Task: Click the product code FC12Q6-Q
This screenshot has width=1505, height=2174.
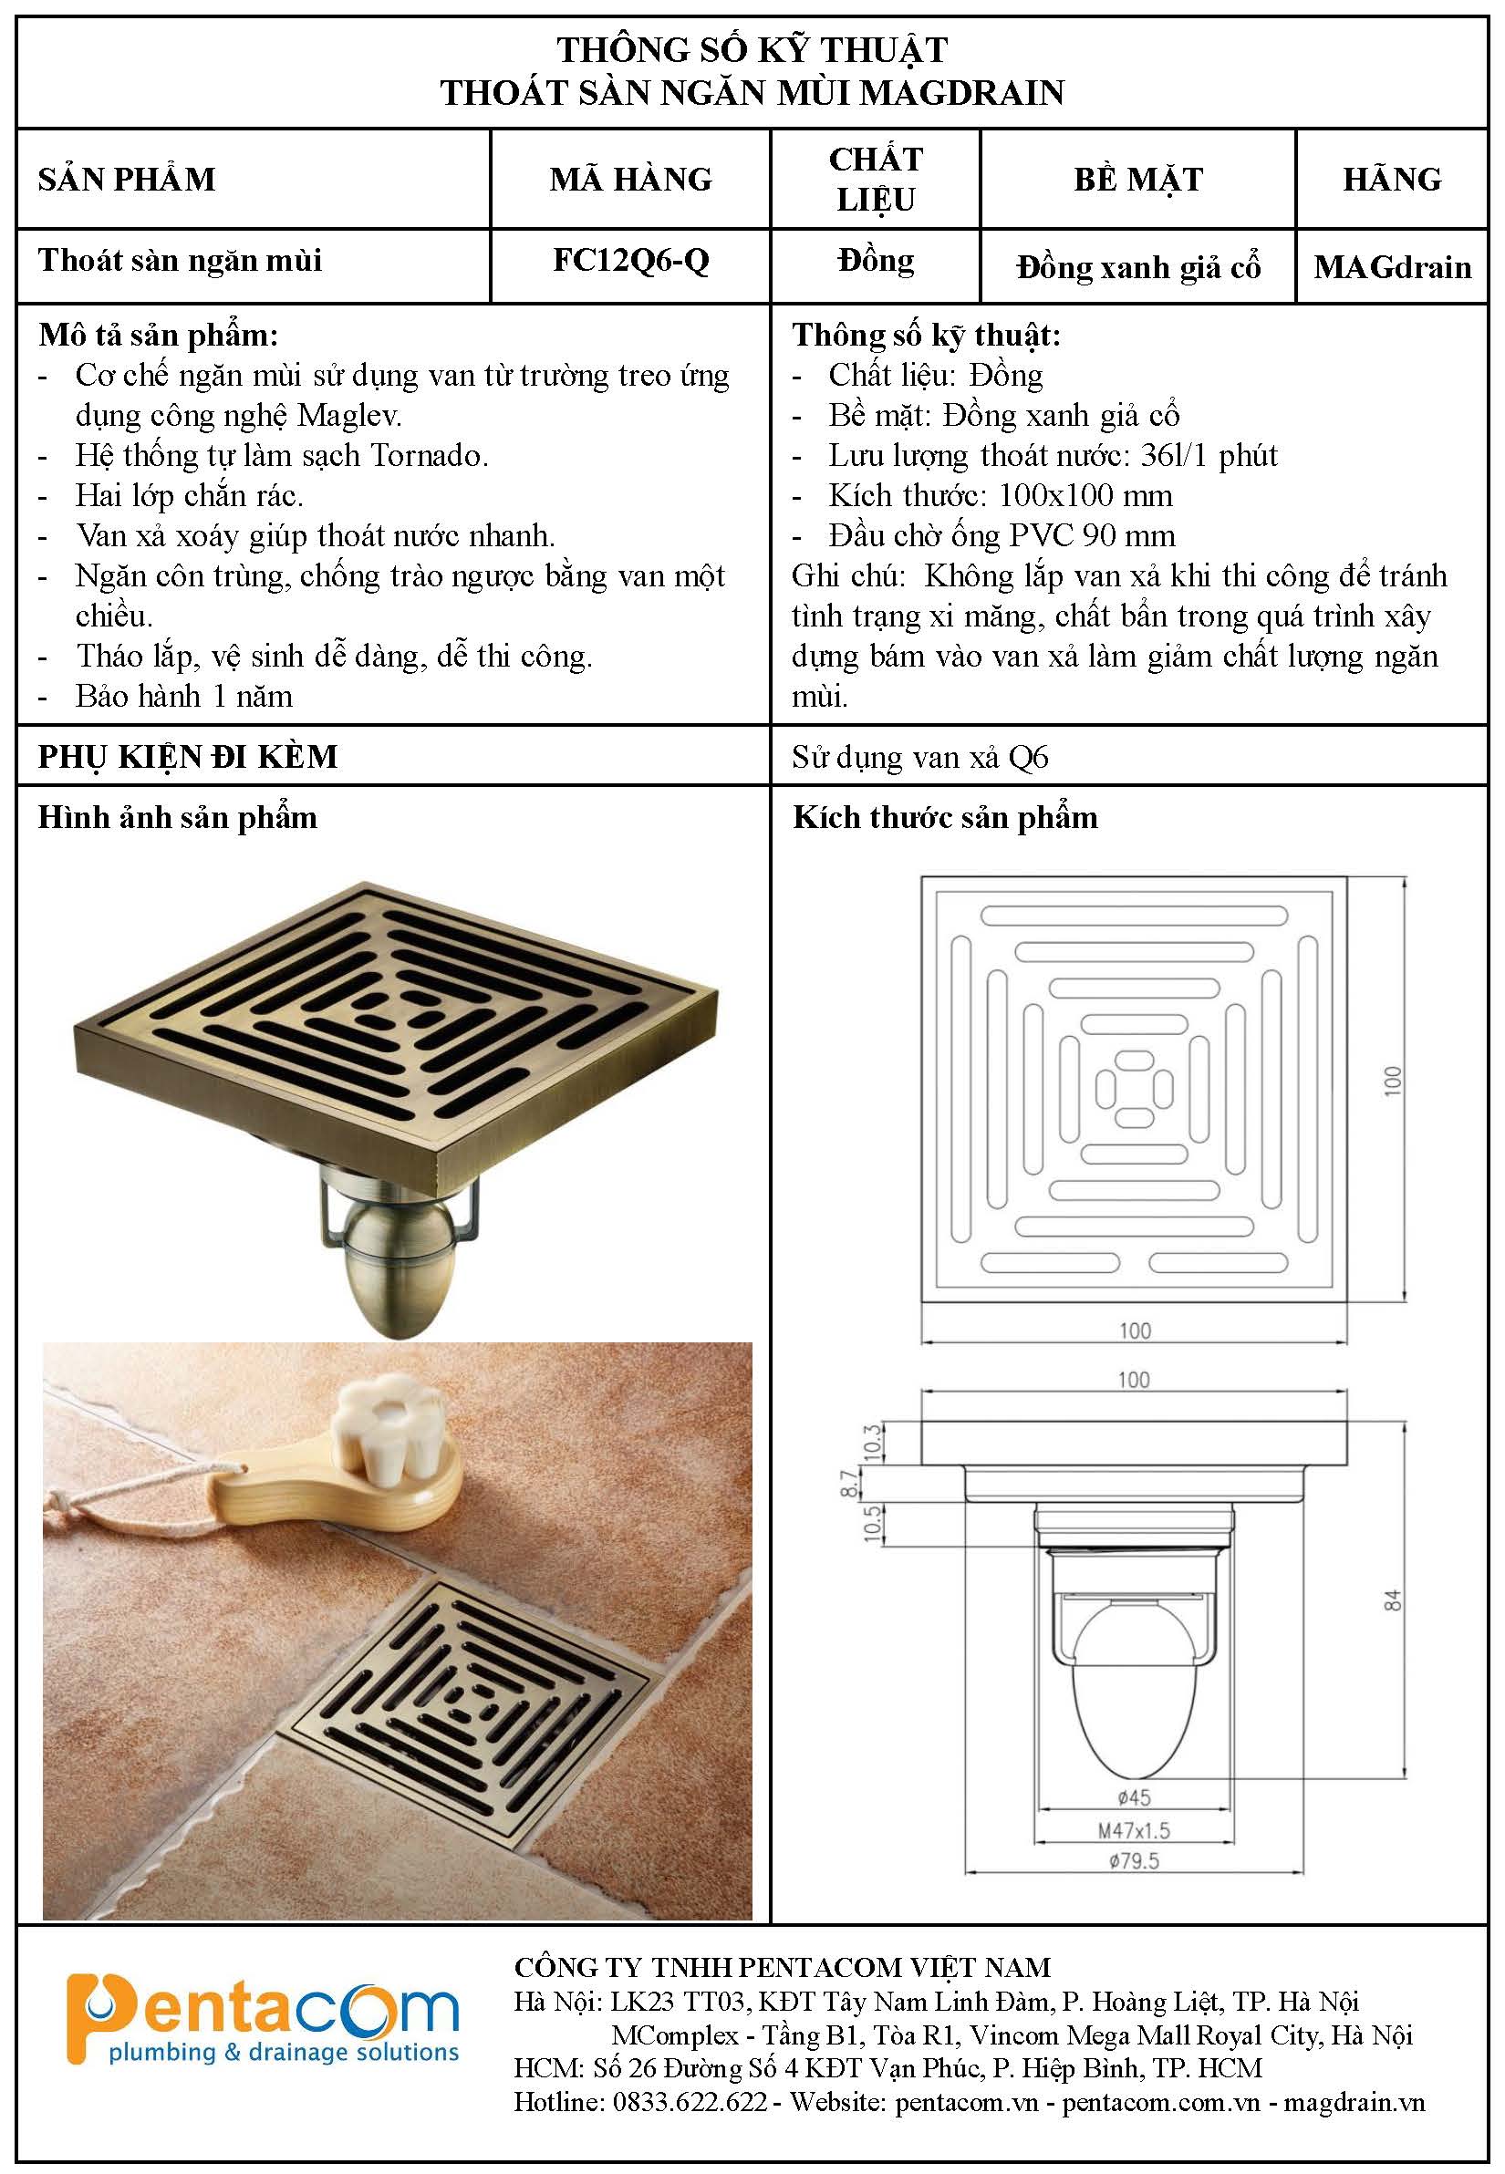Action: point(631,260)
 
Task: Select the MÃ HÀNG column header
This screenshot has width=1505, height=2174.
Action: point(631,178)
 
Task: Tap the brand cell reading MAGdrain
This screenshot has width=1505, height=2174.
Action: point(1393,267)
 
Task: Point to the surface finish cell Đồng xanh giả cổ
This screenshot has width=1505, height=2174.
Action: point(1138,268)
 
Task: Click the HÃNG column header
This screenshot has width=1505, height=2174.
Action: point(1392,178)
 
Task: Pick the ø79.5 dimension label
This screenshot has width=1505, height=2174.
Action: point(1135,1861)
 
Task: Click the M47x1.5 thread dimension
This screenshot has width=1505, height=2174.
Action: point(1134,1830)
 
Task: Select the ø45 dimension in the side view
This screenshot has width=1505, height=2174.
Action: point(1134,1798)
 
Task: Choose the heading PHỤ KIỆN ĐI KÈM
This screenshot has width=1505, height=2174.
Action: point(188,756)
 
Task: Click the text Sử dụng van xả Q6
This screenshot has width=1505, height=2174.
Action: point(919,757)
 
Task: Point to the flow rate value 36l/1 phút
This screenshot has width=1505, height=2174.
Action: point(1209,455)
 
